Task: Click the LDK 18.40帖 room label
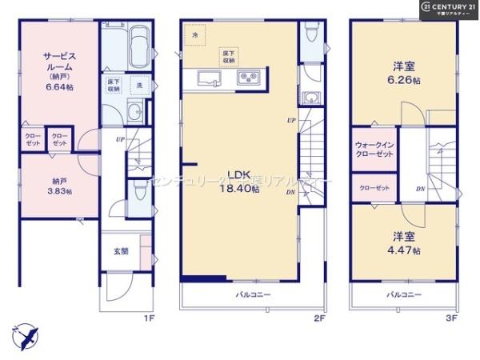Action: click(x=242, y=183)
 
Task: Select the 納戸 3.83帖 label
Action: click(x=58, y=186)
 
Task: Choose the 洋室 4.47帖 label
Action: click(x=404, y=243)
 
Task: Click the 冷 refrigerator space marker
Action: click(x=194, y=36)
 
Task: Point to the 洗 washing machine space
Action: click(x=139, y=85)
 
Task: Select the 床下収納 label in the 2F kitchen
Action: click(x=230, y=56)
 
